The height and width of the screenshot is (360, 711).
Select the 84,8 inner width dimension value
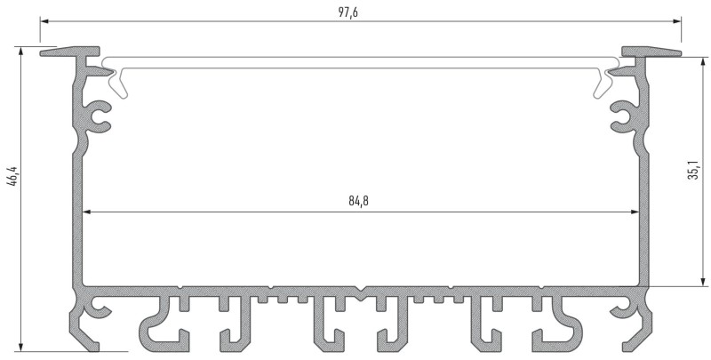point(358,201)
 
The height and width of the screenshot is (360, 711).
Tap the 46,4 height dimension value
point(12,176)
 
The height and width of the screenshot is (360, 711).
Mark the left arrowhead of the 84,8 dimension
point(88,212)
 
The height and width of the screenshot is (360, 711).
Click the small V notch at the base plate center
point(360,289)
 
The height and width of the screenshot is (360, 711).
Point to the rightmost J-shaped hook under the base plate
point(560,324)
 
